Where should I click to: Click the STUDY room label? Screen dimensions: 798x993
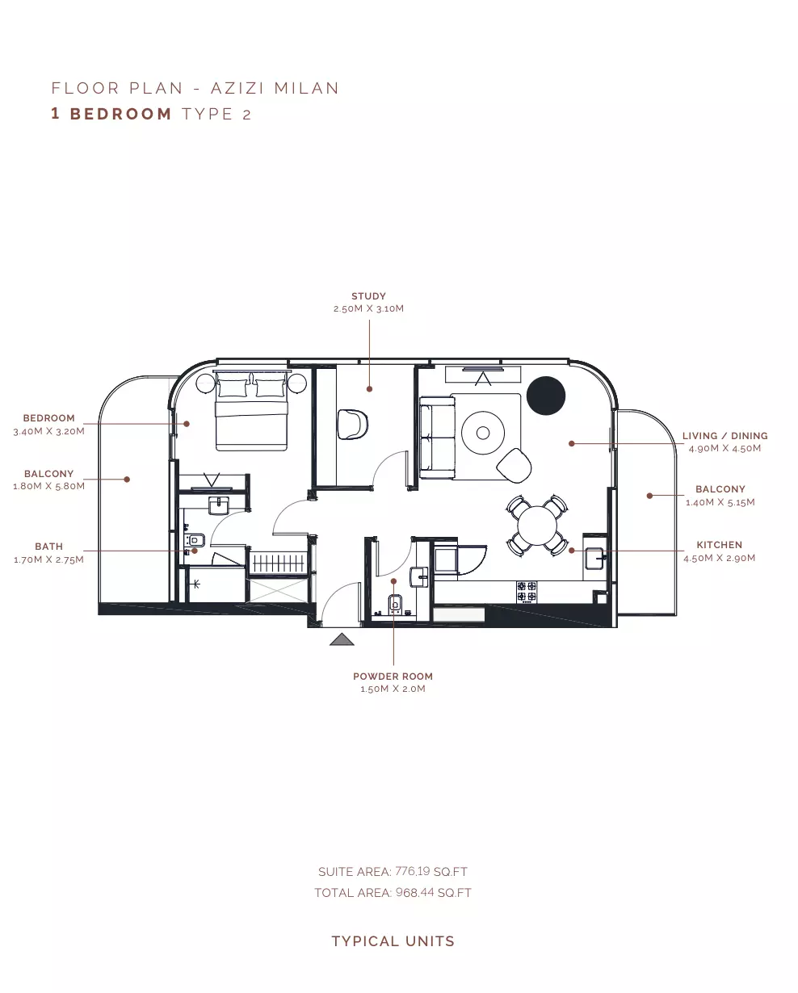(368, 296)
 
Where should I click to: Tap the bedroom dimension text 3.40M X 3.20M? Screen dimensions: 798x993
(49, 431)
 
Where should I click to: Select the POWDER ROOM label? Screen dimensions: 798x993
(393, 677)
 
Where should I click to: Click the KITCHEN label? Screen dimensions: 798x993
(720, 545)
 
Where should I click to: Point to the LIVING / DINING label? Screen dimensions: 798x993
(725, 436)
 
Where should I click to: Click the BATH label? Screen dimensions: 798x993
(49, 547)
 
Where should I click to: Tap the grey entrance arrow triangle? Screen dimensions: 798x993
(342, 639)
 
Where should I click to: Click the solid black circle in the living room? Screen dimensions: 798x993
(546, 396)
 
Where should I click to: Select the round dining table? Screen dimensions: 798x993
(538, 526)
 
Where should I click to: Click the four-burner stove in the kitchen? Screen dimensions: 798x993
(527, 592)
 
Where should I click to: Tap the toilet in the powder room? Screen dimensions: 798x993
(395, 603)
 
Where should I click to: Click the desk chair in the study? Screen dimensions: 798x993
(352, 424)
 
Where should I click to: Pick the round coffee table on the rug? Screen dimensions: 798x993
(483, 433)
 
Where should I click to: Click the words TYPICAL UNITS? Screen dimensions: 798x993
(393, 941)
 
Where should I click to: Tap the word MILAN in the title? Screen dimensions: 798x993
(307, 88)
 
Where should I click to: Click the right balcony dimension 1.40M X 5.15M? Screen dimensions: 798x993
(720, 502)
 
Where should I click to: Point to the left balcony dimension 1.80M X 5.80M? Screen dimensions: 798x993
(49, 486)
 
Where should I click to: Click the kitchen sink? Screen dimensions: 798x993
(594, 559)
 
